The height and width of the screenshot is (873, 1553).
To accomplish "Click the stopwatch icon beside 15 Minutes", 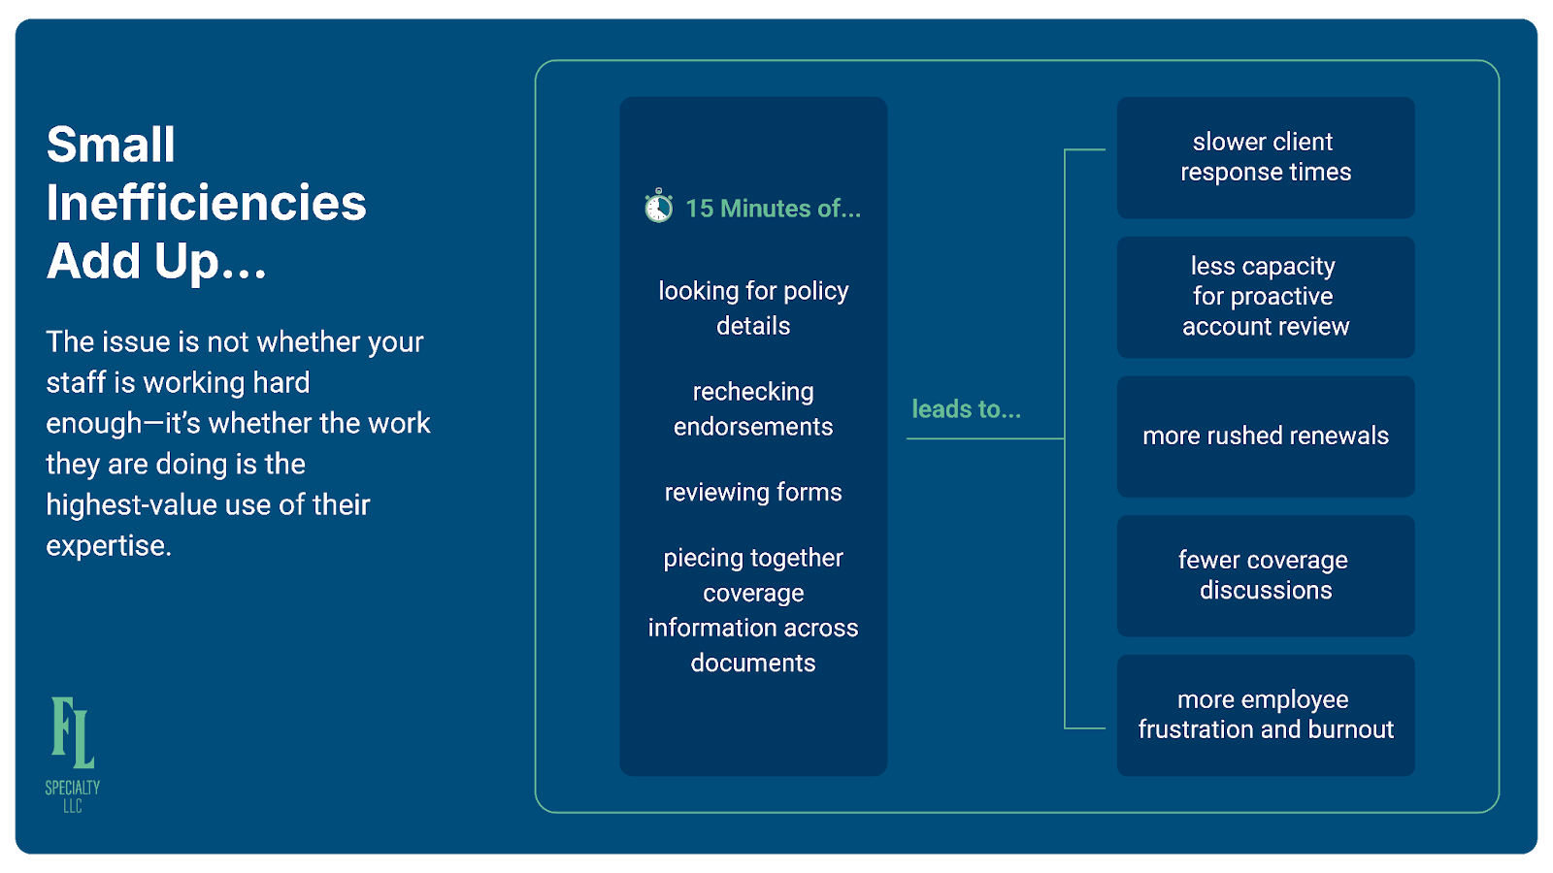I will [658, 207].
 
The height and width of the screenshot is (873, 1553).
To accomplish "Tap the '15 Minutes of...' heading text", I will [773, 209].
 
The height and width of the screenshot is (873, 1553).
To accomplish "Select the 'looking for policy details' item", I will [753, 307].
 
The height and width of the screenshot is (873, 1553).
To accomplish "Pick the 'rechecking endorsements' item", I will [753, 408].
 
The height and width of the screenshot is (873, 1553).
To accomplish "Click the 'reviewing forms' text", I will [753, 492].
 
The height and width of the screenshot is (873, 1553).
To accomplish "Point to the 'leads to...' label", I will [966, 409].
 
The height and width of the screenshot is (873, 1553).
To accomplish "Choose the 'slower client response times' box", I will [1265, 157].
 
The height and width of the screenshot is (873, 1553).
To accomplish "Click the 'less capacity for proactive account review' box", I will [1265, 297].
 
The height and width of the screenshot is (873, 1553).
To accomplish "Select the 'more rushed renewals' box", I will [1265, 436].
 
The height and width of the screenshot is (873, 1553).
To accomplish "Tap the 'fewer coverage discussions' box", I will [1265, 575].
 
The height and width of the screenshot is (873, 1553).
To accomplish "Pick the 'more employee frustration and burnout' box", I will [1265, 715].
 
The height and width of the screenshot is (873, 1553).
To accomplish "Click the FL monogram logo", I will [73, 732].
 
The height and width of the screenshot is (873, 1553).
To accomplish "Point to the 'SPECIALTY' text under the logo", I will [73, 788].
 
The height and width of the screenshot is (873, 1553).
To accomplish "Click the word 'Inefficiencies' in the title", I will [206, 203].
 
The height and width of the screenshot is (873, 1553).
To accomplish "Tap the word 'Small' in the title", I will [111, 145].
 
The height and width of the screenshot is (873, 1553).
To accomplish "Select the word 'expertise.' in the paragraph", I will [109, 546].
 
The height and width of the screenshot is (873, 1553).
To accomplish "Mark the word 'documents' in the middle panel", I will [753, 663].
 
